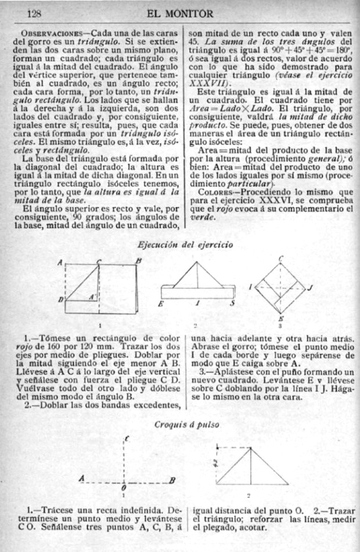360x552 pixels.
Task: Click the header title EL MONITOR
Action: (x=181, y=13)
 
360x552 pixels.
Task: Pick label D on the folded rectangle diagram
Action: (x=61, y=299)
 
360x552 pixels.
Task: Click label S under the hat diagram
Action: (x=232, y=303)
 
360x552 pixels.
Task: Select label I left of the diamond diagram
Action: (x=250, y=287)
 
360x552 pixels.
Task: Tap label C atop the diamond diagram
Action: (x=281, y=258)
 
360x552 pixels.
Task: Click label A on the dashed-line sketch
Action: (x=81, y=478)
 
